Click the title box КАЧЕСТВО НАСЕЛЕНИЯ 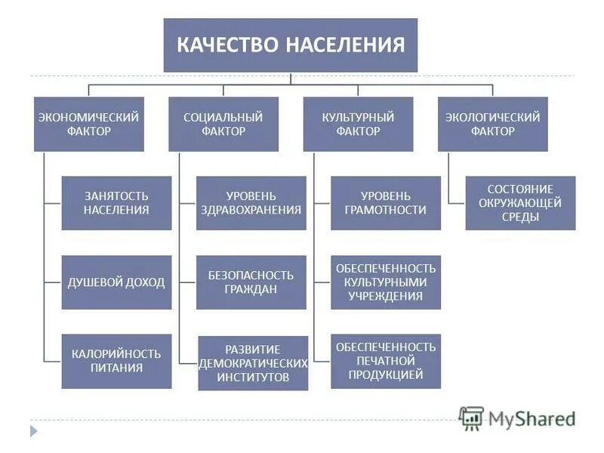pos(291,45)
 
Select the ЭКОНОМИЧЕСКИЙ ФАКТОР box pos(88,124)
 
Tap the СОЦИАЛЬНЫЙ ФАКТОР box pos(223,124)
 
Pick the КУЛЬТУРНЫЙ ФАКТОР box pos(358,124)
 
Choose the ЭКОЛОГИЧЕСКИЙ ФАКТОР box pos(492,124)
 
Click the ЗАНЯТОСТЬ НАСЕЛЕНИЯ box pos(116,203)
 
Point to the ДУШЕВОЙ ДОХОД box pos(116,282)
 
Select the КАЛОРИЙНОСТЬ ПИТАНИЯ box pos(116,361)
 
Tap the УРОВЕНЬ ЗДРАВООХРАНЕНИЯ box pos(251,203)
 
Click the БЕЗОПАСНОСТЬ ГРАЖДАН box pos(251,282)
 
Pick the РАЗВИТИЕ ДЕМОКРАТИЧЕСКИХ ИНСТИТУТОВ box pos(253,363)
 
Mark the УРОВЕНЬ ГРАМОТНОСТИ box pos(386,203)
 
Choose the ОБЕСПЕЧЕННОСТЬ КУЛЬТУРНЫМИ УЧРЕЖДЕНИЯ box pos(386,282)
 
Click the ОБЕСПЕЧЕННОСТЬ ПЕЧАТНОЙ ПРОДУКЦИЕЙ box pos(386,361)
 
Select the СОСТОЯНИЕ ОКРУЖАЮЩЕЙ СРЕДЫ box pos(520,203)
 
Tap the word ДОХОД pos(143,282)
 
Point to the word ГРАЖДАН pos(251,289)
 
